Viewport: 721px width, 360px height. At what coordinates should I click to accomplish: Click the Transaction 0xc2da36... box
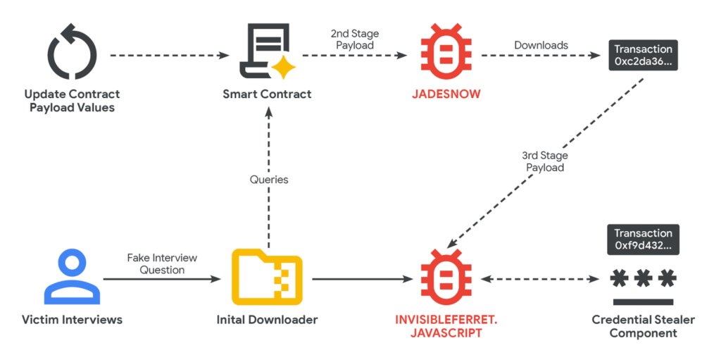[643, 55]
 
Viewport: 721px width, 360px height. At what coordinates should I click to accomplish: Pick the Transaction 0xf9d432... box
[643, 239]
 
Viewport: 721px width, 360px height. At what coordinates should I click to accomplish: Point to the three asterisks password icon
[643, 282]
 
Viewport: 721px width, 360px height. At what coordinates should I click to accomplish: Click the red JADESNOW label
[446, 94]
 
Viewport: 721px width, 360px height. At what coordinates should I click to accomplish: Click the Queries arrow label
[268, 180]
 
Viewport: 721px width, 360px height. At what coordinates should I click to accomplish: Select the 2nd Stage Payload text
[355, 39]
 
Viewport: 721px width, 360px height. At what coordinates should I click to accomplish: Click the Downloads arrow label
[541, 45]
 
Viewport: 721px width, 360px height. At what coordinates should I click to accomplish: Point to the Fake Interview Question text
[162, 264]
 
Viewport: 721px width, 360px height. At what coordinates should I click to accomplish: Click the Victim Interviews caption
[73, 320]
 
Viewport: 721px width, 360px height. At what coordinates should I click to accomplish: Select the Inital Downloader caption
[267, 320]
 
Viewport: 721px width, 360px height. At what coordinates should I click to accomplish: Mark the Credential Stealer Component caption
[643, 326]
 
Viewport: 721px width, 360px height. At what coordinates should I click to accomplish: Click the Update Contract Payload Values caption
[73, 101]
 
